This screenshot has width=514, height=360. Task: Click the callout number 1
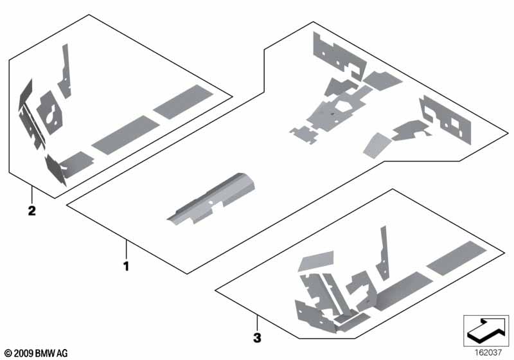[x=126, y=266]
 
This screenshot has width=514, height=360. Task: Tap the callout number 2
[x=31, y=210]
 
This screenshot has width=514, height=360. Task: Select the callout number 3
[x=258, y=337]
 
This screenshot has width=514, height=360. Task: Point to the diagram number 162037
[x=488, y=352]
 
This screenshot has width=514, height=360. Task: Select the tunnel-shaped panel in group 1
[x=211, y=199]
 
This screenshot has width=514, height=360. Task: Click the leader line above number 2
[x=31, y=195]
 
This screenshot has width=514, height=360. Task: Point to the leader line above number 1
[x=126, y=249]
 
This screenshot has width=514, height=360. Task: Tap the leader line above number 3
[x=258, y=323]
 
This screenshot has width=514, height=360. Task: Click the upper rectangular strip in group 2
[x=183, y=102]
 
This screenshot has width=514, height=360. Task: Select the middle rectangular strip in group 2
[x=125, y=134]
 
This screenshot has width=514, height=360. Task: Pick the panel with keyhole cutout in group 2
[x=50, y=112]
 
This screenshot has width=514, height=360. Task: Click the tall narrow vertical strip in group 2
[x=66, y=71]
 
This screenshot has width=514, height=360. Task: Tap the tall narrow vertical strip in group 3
[x=382, y=253]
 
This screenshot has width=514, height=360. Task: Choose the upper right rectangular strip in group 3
[x=457, y=258]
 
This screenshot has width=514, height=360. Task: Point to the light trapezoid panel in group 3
[x=315, y=261]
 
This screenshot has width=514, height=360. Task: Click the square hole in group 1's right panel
[x=455, y=122]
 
